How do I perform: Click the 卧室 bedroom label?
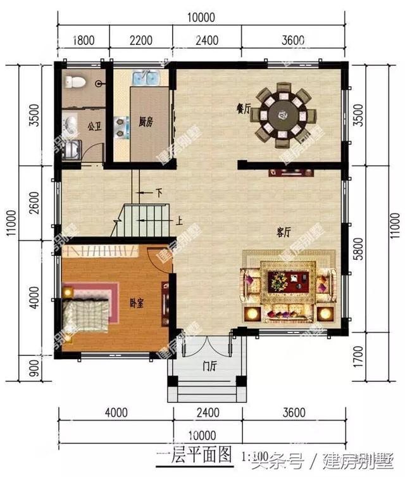tap(135, 302)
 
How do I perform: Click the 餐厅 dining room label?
tap(244, 108)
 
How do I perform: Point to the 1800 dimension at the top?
tap(84, 41)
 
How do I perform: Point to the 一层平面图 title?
tap(194, 455)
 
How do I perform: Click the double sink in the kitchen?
tap(146, 79)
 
